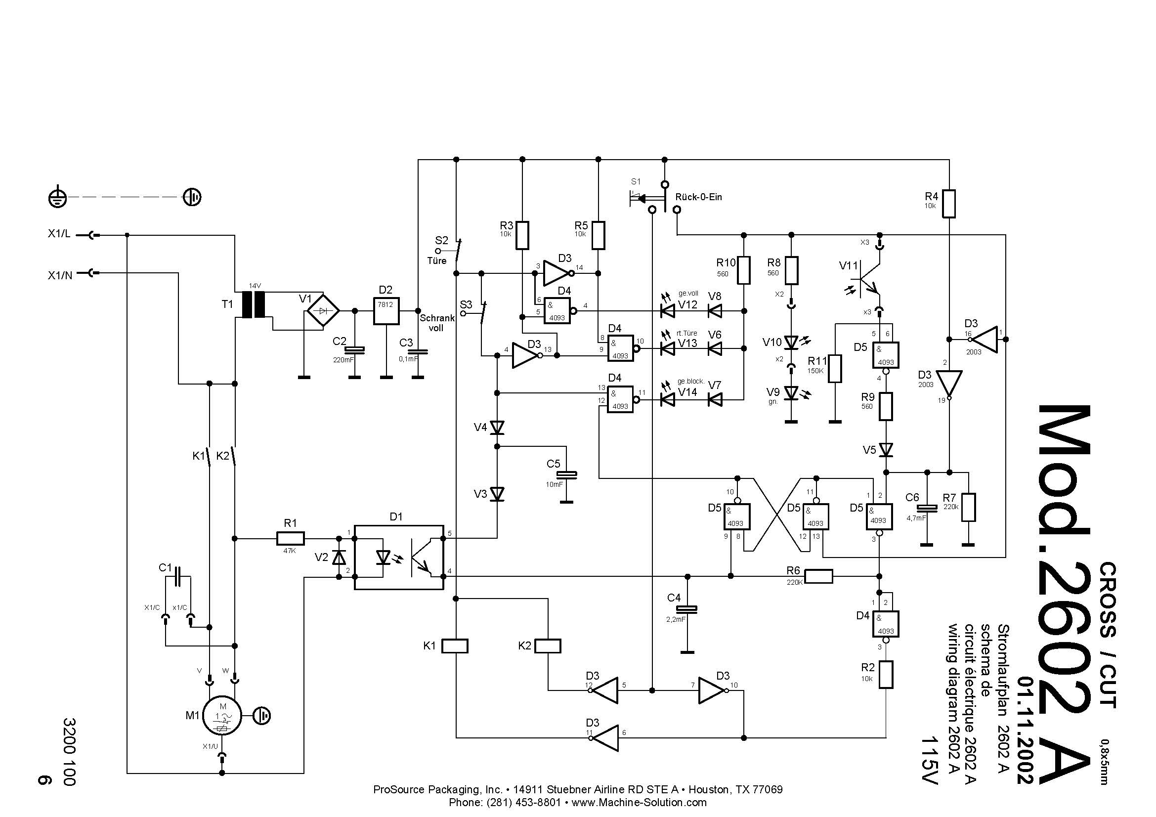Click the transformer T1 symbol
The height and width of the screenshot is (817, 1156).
coord(253,304)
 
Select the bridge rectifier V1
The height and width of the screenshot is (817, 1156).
coord(323,311)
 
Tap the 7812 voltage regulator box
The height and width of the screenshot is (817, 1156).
coord(386,310)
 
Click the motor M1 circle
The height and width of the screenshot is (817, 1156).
coord(222,715)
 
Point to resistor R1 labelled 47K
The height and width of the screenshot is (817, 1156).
coord(291,539)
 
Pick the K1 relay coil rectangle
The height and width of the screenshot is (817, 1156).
coord(455,646)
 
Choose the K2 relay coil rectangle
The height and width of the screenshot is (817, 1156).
coord(547,646)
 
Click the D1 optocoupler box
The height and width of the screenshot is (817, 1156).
coord(399,557)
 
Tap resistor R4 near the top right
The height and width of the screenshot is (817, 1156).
coord(948,204)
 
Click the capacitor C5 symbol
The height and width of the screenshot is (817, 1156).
coord(566,474)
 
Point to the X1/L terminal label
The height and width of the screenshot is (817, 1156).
coord(59,234)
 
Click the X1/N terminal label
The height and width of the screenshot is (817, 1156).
coord(60,275)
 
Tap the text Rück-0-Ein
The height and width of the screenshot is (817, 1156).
coord(699,197)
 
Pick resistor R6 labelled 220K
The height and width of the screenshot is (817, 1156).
coord(818,576)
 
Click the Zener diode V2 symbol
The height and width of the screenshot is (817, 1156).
coord(341,557)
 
